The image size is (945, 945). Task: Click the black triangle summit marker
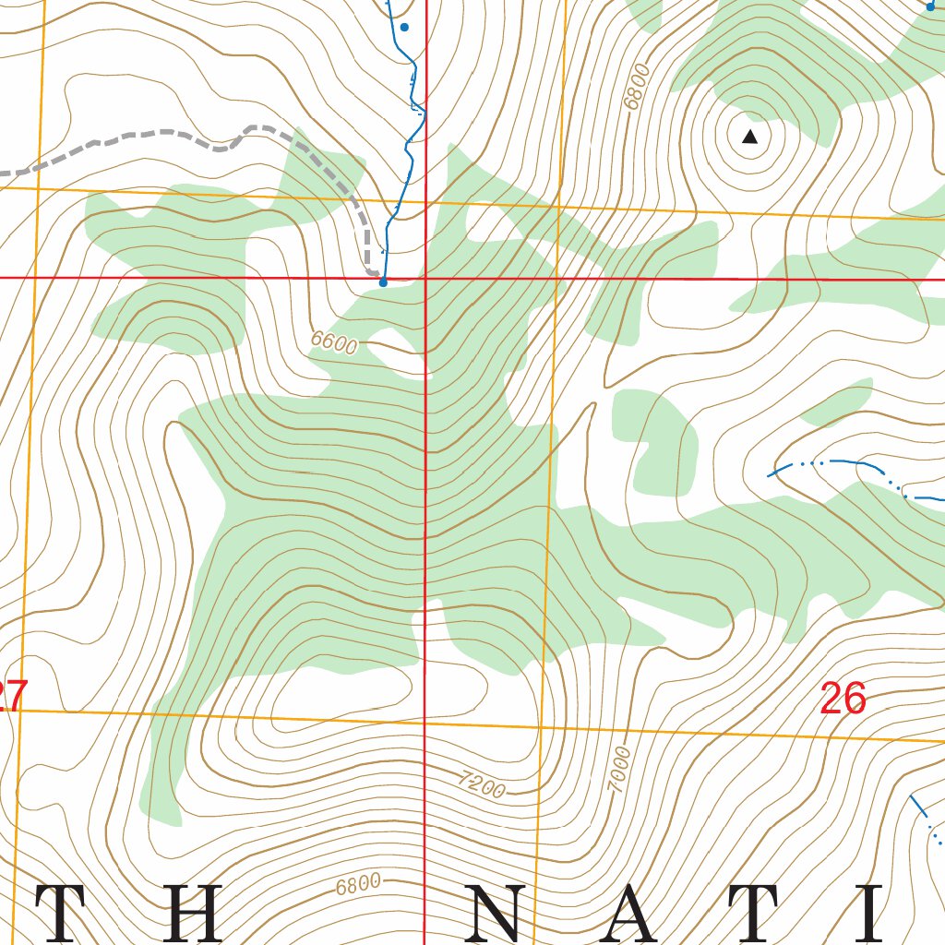pos(750,138)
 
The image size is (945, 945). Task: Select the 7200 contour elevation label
pos(482,784)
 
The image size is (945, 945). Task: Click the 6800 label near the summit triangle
pos(637,87)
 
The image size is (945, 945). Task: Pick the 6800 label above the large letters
pos(357,885)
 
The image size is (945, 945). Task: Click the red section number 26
pos(843,700)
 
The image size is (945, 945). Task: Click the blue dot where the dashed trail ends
pos(383,282)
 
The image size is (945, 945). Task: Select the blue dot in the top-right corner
pos(930,6)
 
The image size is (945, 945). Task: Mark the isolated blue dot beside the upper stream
pos(403,28)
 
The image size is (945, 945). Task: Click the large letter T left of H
pos(66,914)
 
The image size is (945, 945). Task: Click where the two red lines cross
pos(425,277)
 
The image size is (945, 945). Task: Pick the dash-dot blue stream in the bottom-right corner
pos(926,819)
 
